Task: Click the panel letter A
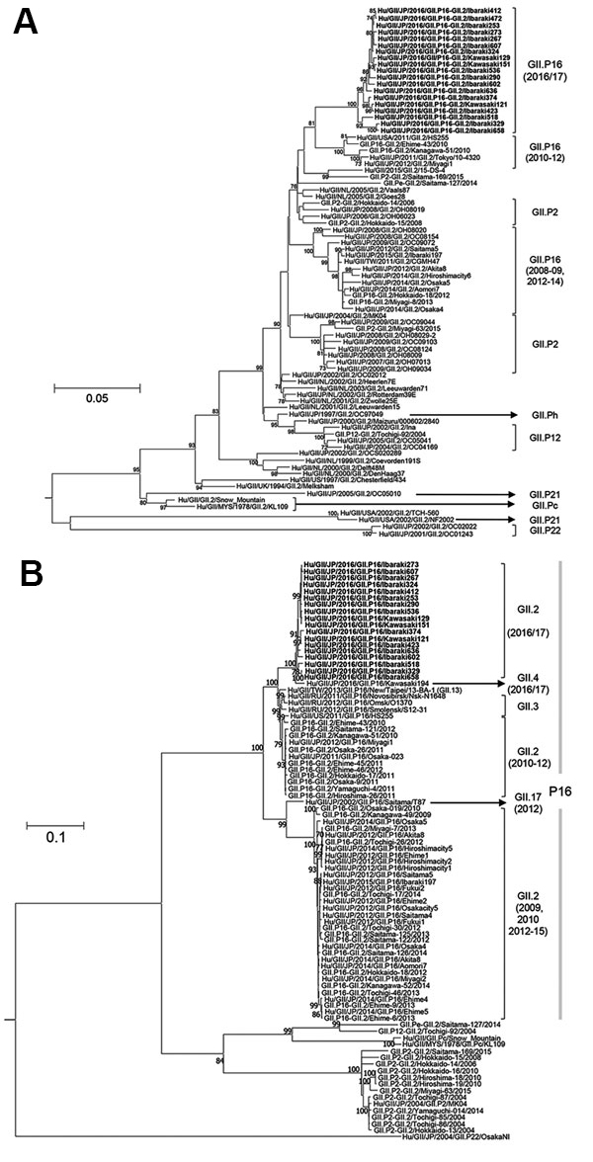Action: coord(24,23)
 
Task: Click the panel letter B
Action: coord(24,597)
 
